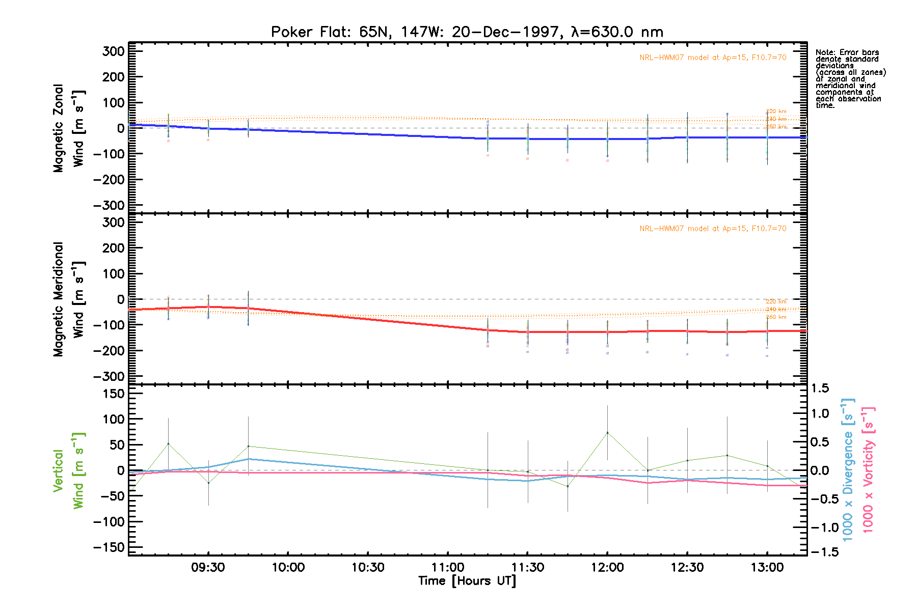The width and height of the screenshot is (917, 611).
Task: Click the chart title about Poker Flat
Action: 467,32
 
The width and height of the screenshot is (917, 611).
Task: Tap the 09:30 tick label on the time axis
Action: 208,567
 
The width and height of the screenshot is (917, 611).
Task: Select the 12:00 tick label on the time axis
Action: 607,567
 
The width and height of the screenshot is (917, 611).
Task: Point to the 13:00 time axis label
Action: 767,567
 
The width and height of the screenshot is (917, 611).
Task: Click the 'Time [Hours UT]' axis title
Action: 467,581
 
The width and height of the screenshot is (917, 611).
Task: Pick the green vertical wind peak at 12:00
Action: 607,433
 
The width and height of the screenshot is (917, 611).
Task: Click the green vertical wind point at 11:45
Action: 568,486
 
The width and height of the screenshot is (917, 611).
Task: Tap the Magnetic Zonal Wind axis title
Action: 69,128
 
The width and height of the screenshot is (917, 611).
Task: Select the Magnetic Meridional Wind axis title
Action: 69,299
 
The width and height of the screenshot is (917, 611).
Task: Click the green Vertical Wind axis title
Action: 69,470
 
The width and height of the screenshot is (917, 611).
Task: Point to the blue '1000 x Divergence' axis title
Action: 848,470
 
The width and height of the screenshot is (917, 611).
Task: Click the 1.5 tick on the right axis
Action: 820,388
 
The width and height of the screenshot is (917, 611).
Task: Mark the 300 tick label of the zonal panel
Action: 114,51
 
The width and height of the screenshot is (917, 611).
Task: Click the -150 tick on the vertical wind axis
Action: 110,547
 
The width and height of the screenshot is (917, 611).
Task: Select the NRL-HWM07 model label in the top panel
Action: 713,58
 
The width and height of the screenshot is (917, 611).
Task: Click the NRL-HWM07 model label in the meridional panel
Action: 713,229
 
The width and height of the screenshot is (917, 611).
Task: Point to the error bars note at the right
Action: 850,79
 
